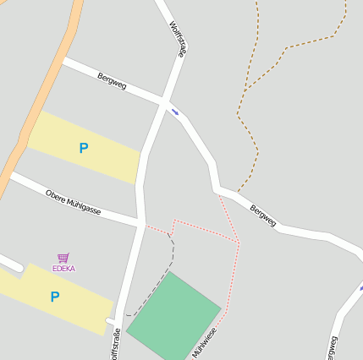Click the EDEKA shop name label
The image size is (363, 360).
pyautogui.click(x=63, y=269)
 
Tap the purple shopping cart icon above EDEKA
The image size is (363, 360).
pyautogui.click(x=63, y=258)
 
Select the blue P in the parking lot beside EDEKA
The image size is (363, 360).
pyautogui.click(x=55, y=297)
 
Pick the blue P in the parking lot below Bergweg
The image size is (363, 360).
pyautogui.click(x=83, y=149)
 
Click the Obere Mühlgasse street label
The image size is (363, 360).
pyautogui.click(x=73, y=201)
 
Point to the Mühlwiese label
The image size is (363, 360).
pyautogui.click(x=204, y=342)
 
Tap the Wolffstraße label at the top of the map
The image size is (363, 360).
pyautogui.click(x=178, y=38)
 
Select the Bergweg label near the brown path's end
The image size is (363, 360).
pyautogui.click(x=262, y=215)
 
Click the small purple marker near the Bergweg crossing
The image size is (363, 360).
pyautogui.click(x=175, y=111)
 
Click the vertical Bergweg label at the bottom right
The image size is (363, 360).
pyautogui.click(x=331, y=346)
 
